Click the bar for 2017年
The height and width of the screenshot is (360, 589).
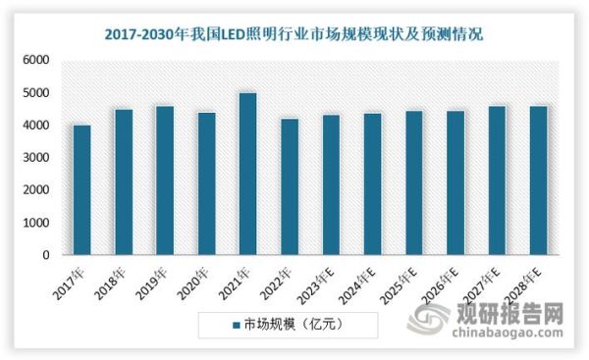point(81,189)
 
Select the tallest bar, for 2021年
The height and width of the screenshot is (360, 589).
point(247,174)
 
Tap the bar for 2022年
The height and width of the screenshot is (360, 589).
point(289,186)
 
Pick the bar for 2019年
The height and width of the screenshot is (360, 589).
point(164,180)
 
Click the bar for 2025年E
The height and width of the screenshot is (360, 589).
point(413,182)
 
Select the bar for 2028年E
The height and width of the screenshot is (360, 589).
point(538,180)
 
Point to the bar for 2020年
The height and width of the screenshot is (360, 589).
point(206,183)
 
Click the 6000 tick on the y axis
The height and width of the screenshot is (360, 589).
point(36,61)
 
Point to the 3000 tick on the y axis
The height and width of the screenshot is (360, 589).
point(36,158)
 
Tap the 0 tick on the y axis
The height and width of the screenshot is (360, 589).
point(45,255)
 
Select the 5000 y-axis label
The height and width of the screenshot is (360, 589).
point(36,93)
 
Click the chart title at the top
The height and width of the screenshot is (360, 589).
point(294,35)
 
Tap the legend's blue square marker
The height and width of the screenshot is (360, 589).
point(237,323)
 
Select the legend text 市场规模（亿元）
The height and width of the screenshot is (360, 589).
point(294,323)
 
